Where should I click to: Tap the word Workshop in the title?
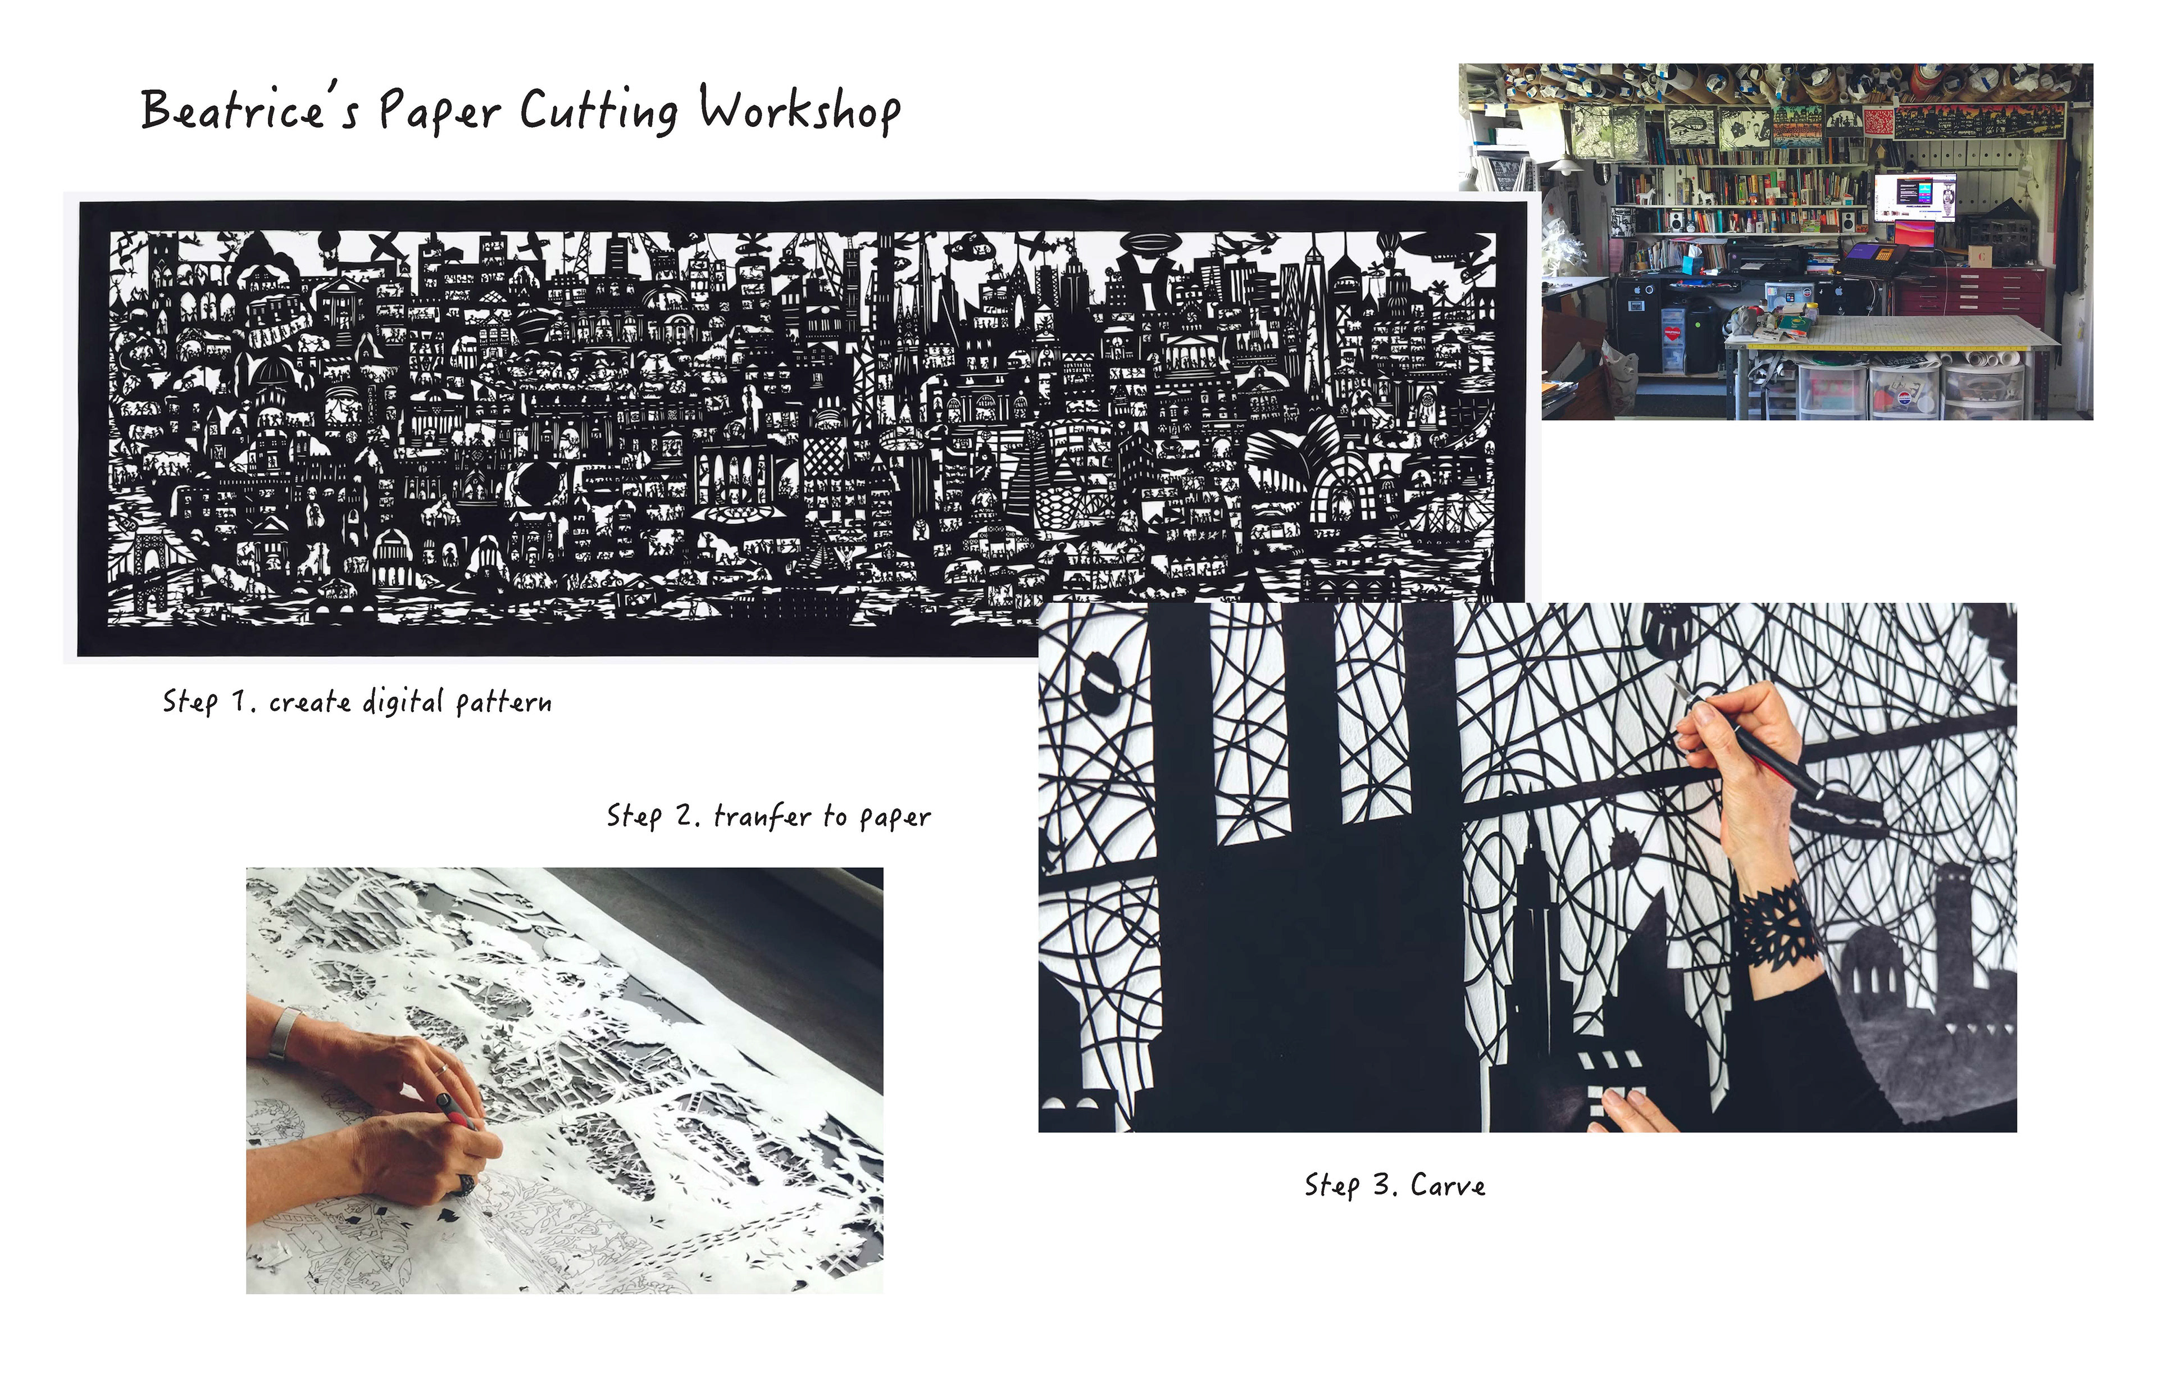click(x=799, y=111)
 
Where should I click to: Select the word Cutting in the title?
click(x=598, y=111)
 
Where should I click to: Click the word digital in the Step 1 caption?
click(x=402, y=702)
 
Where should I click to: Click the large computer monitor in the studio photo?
click(x=1914, y=198)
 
